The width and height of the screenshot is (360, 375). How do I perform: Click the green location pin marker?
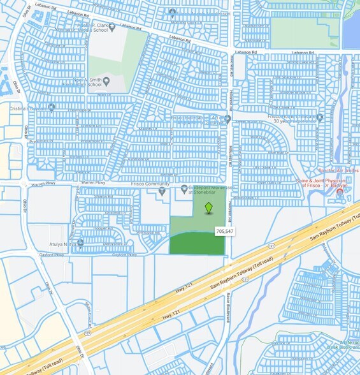(208, 209)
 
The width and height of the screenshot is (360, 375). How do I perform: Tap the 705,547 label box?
(225, 231)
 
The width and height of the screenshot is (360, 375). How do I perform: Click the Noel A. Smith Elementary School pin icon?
(106, 81)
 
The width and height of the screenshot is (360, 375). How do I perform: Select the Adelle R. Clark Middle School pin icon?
(112, 27)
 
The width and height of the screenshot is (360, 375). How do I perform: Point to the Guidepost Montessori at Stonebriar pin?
(183, 189)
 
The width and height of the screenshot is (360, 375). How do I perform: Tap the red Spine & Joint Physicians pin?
(340, 191)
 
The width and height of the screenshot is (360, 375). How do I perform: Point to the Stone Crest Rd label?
(89, 314)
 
